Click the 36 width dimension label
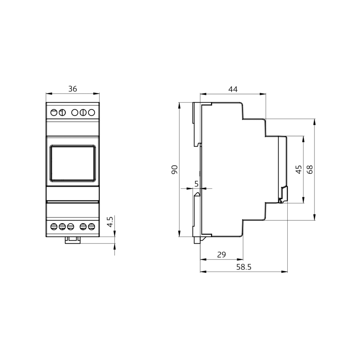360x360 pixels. (x=73, y=89)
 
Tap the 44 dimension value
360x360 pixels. (x=233, y=89)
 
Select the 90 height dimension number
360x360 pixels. (x=175, y=170)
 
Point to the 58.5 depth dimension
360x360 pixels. (x=244, y=267)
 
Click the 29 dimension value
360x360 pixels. (x=221, y=255)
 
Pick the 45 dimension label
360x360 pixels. (x=298, y=170)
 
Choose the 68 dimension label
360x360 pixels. (x=310, y=170)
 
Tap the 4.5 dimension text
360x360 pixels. (x=110, y=222)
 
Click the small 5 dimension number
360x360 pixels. (x=196, y=184)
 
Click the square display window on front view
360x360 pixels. (x=73, y=163)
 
